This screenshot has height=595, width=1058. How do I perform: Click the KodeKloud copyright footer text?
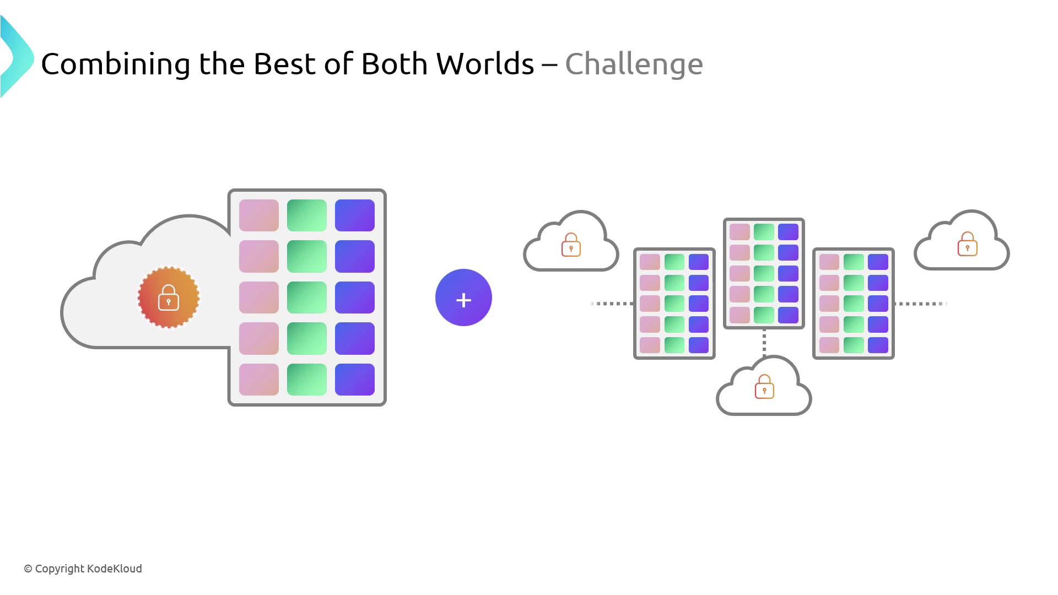[83, 569]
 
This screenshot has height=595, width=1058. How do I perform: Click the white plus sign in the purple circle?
[463, 300]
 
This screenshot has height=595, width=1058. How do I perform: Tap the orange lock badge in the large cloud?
[169, 297]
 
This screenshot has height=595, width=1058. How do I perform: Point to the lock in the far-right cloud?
[967, 244]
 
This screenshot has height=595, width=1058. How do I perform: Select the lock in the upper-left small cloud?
[571, 245]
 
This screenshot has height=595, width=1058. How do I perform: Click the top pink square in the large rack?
[259, 215]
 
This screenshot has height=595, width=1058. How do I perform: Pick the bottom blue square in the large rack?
[355, 380]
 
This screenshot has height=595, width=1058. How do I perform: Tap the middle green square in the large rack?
[307, 297]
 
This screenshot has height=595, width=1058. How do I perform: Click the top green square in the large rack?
[307, 215]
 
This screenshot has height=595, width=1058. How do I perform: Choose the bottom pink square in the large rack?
[259, 380]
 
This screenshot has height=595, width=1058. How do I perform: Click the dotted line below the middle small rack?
[764, 343]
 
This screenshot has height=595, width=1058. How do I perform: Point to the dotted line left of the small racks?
[612, 304]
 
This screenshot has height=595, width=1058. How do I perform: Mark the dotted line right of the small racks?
[921, 304]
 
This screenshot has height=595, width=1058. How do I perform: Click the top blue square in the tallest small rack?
[788, 232]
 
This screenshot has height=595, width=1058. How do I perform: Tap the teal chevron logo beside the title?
[17, 57]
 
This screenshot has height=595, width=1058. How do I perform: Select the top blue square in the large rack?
[355, 215]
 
